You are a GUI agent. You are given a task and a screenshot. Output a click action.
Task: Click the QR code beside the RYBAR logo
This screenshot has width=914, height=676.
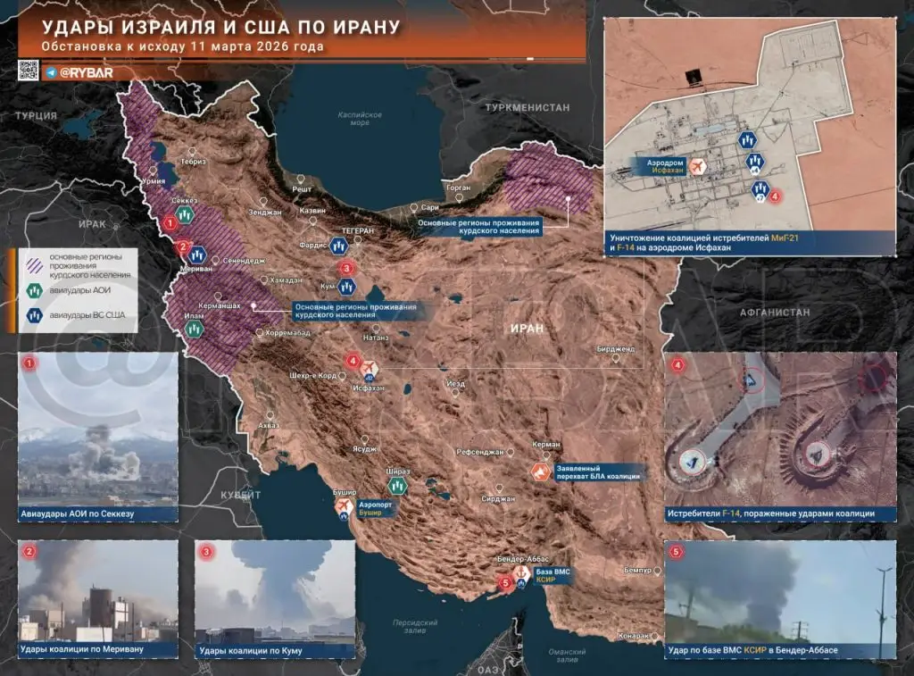coord(29,71)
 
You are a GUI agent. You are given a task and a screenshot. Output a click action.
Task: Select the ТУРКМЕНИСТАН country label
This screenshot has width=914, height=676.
coord(527,107)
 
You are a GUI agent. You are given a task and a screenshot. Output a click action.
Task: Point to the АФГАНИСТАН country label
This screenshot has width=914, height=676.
coord(774,312)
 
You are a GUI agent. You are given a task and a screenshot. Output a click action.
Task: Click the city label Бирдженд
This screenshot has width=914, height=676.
coord(616,348)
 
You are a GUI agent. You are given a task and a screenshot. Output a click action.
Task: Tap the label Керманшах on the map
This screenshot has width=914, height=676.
coord(219,305)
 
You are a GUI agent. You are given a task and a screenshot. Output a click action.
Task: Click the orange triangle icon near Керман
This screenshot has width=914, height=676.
coord(540,472)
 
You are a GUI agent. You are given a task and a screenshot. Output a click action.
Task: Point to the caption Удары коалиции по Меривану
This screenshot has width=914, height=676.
coord(81,651)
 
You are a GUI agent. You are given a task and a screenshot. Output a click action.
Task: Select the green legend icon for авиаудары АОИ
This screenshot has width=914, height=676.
coord(34,288)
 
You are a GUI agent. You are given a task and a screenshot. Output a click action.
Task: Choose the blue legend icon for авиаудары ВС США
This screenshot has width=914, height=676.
coord(34,313)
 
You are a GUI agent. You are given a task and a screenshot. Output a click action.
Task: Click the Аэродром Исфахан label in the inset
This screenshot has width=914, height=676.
coord(666,166)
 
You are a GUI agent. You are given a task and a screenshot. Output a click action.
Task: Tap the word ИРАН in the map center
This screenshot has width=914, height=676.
coord(527,328)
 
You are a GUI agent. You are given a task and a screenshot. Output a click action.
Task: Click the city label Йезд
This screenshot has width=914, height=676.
coord(455,384)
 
